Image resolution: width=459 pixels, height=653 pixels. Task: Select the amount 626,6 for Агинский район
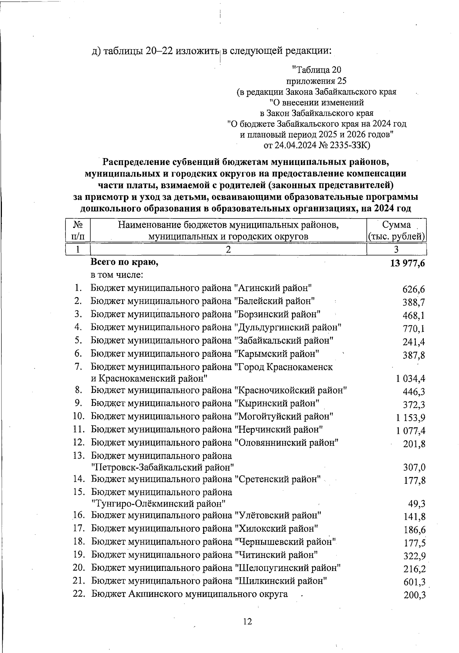coord(414,290)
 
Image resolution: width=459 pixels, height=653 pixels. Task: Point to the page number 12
coord(247,622)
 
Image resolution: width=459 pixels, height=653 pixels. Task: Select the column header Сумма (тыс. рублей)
coord(396,230)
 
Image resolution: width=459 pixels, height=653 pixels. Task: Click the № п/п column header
coord(78,230)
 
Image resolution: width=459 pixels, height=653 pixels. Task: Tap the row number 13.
coord(78,456)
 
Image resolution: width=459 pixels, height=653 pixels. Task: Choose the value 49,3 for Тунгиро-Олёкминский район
coord(417,504)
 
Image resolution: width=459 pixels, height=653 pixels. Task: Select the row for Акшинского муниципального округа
coord(189,594)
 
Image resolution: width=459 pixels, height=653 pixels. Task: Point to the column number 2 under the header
coord(228,250)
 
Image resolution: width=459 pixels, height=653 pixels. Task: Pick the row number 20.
coord(78,568)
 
